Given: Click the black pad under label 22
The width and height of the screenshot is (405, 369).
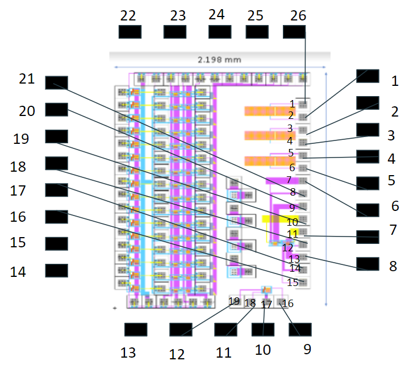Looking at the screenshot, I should coord(130,32).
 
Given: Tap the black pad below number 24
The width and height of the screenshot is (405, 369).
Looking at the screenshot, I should coord(219,32).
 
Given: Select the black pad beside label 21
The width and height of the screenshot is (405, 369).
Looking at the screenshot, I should coord(56,82).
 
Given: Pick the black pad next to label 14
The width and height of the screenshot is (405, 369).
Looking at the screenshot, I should coord(56,270).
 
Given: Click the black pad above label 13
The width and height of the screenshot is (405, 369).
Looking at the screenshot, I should coord(135,330).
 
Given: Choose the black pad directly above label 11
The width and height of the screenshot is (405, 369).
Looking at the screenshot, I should coord(225,330).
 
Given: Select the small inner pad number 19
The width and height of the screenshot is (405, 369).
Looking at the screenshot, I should coord(234,301).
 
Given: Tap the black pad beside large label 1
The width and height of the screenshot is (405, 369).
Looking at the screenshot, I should coord(367,76).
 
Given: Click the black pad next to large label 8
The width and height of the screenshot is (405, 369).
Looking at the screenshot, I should coord(367,264).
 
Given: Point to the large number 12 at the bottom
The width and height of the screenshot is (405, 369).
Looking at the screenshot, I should coord(177,354).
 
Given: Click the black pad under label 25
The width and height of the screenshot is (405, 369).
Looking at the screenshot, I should coord(257,32).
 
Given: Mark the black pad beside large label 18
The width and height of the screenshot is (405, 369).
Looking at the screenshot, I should coord(56,163).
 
